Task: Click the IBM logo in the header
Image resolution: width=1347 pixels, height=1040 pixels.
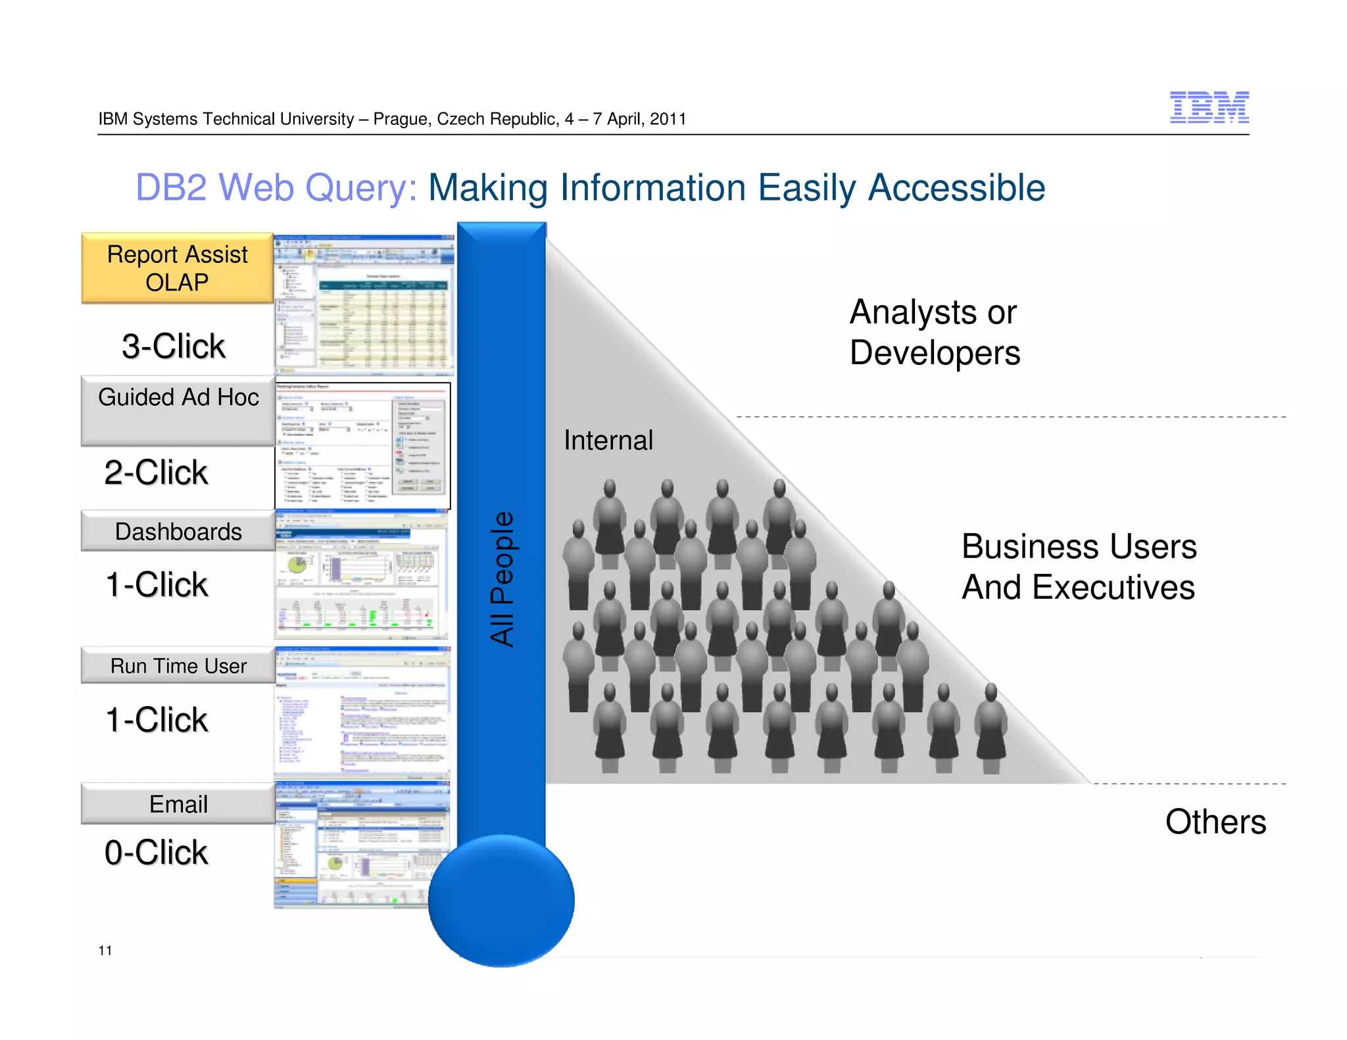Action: tap(1209, 107)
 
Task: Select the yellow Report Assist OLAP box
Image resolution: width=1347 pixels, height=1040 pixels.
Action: tap(177, 268)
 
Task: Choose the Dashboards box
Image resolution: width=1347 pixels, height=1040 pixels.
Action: tap(178, 531)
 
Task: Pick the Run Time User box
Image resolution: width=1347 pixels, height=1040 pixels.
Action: tap(178, 666)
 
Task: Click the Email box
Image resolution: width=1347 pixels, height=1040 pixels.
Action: tap(178, 804)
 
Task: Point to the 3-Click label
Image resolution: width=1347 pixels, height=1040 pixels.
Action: tap(174, 346)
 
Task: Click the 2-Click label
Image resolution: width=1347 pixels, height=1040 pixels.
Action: tap(157, 473)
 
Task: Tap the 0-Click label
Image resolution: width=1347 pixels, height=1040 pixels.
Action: tap(157, 853)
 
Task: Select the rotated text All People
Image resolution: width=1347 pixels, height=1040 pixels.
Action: tap(502, 579)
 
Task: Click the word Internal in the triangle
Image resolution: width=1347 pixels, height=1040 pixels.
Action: tap(608, 440)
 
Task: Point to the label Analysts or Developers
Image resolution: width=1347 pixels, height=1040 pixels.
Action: tap(934, 332)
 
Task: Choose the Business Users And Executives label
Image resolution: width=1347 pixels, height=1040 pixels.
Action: tap(1079, 567)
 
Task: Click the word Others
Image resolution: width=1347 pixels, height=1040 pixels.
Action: tap(1215, 822)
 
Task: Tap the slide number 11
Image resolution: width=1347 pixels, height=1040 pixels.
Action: tap(105, 951)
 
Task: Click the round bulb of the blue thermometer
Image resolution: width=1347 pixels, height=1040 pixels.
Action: tap(501, 901)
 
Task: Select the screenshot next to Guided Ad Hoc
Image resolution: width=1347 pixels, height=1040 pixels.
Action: tap(362, 445)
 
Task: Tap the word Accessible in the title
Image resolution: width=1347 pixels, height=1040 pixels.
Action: tap(956, 188)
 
